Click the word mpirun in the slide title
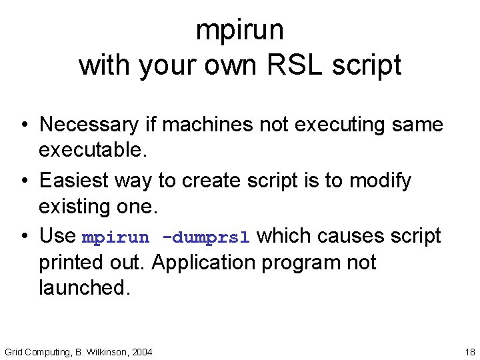pyautogui.click(x=240, y=30)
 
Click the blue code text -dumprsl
pyautogui.click(x=205, y=237)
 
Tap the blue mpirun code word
pyautogui.click(x=115, y=237)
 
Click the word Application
pyautogui.click(x=203, y=263)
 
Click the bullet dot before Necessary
pyautogui.click(x=23, y=125)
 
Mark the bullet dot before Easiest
pyautogui.click(x=23, y=181)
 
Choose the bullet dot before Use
pyautogui.click(x=23, y=237)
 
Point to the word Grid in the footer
pyautogui.click(x=13, y=351)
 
